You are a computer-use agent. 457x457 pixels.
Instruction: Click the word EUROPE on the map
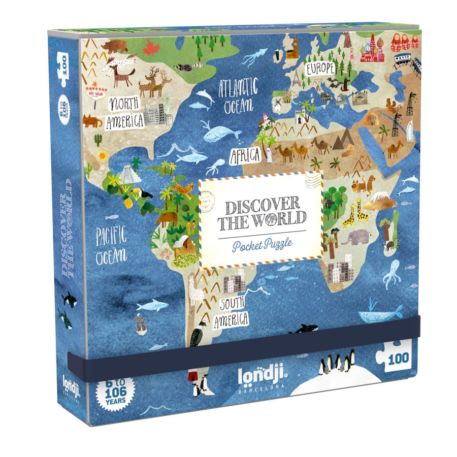[319, 68]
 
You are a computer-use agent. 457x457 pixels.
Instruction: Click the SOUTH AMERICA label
[232, 311]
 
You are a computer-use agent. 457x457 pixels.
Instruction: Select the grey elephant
[355, 236]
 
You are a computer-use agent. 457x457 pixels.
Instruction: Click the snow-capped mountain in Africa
[380, 201]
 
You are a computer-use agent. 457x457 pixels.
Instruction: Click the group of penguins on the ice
[336, 364]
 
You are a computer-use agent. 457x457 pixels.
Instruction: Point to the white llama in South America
[196, 292]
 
